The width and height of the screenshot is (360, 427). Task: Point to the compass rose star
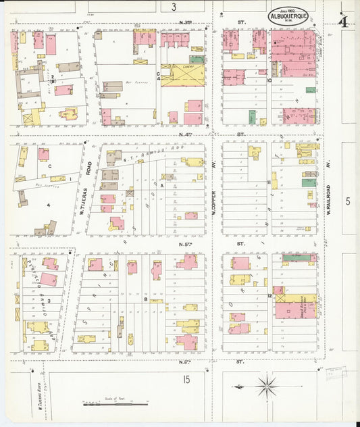266,386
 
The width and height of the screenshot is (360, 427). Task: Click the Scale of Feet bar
115,404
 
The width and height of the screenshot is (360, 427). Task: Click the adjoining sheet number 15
185,380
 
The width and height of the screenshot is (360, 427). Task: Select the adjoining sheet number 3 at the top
174,7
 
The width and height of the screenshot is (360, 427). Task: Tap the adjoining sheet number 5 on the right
348,201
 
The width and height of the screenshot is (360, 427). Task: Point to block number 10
269,80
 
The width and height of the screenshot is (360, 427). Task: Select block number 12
269,297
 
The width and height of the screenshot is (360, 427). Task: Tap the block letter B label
145,298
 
